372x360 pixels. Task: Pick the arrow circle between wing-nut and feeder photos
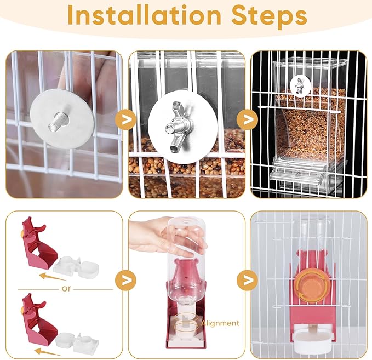248,119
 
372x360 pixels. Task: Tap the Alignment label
220,323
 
